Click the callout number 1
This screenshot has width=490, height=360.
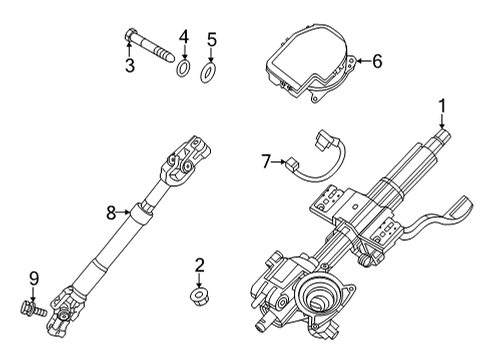442,106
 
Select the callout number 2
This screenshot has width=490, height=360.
199,265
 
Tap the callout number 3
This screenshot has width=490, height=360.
130,65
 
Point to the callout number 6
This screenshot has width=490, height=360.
377,61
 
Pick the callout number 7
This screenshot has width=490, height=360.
265,162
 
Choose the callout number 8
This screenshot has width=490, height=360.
111,212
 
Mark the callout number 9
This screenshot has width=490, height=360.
34,279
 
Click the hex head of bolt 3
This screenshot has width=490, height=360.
130,35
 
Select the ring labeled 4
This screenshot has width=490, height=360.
183,68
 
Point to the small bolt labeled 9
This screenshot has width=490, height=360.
33,308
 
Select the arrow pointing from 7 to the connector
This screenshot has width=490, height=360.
278,162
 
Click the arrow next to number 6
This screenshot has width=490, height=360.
363,61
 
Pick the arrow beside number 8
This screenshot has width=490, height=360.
123,212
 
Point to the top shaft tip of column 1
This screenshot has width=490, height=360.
442,137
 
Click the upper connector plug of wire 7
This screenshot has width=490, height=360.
322,139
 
